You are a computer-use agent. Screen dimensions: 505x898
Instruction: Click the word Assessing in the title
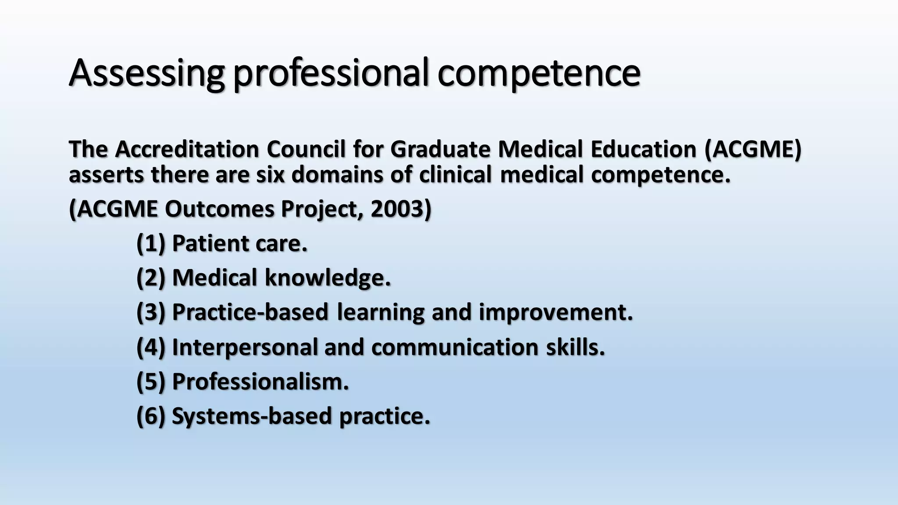pyautogui.click(x=146, y=73)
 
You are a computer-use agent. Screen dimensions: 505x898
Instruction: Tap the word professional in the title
pyautogui.click(x=330, y=73)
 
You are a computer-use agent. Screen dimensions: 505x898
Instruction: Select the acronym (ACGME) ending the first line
pyautogui.click(x=753, y=149)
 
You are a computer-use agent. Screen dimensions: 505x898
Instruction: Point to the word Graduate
pyautogui.click(x=440, y=149)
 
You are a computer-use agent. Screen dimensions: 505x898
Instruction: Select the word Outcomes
pyautogui.click(x=219, y=209)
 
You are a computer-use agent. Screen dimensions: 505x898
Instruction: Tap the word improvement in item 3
pyautogui.click(x=556, y=313)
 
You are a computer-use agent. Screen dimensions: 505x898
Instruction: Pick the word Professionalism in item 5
pyautogui.click(x=260, y=382)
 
